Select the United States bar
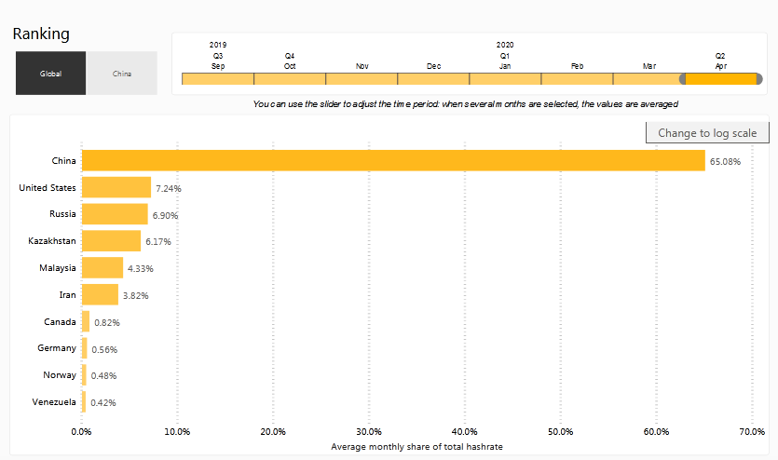(116, 188)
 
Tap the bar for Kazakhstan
(111, 241)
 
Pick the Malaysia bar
(102, 268)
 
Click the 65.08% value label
(725, 162)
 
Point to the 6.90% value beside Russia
(165, 215)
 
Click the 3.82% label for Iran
(136, 296)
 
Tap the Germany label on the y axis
(58, 348)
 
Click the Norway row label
(60, 375)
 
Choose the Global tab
(50, 74)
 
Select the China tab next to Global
(122, 74)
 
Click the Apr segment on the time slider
(720, 79)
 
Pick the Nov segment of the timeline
(362, 79)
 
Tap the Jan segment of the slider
(505, 79)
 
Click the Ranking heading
(41, 34)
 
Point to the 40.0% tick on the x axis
(464, 431)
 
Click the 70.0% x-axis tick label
(752, 431)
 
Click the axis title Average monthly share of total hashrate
(416, 447)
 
